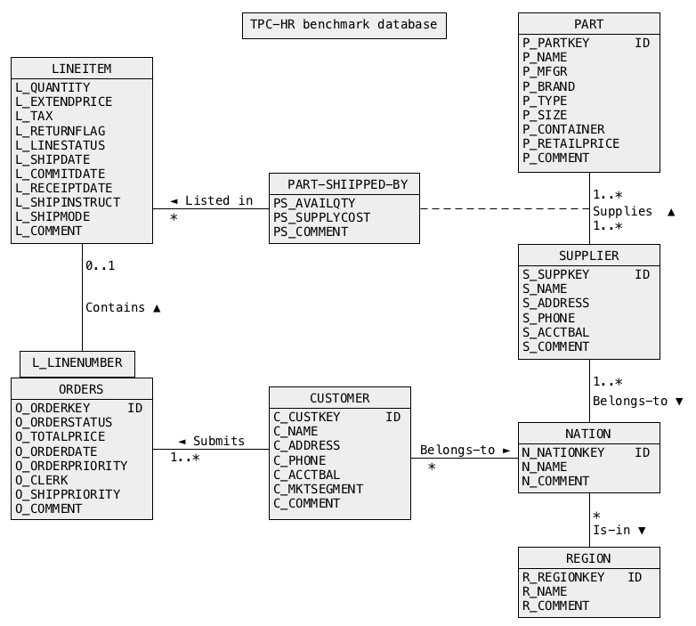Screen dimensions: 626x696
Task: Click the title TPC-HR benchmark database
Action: point(344,25)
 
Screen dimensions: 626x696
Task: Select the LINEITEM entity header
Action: point(81,69)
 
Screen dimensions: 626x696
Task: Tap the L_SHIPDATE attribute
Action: point(53,159)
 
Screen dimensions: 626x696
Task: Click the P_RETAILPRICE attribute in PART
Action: point(571,143)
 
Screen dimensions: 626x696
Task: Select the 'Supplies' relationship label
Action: point(622,211)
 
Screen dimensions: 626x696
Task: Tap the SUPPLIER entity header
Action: point(588,256)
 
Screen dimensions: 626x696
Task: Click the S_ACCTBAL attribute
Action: point(555,332)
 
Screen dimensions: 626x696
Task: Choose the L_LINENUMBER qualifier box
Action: point(77,363)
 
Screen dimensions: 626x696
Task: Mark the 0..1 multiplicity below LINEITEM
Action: point(100,265)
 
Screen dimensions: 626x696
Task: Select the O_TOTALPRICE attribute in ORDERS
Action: point(60,436)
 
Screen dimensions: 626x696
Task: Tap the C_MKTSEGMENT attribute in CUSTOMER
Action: point(318,489)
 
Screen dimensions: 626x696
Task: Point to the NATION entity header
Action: point(588,434)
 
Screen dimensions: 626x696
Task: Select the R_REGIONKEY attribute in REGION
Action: point(562,577)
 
